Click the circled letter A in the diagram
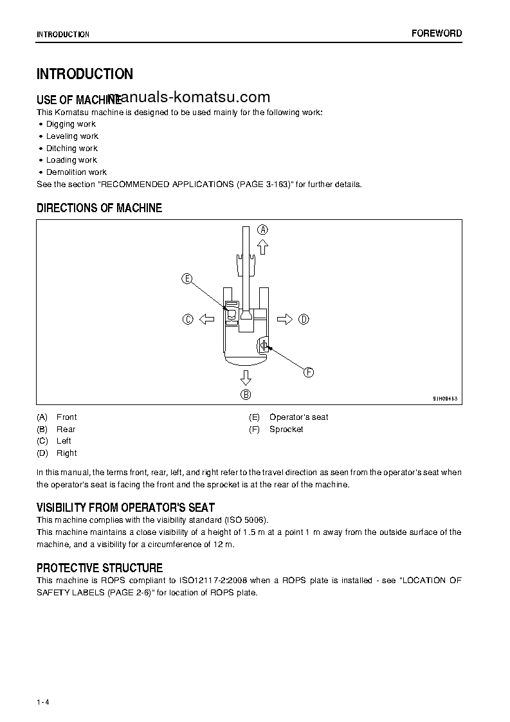click(x=262, y=230)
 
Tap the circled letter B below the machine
click(x=246, y=395)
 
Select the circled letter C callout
click(x=188, y=319)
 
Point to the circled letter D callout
click(x=304, y=319)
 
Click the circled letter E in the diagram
click(x=187, y=278)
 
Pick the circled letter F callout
click(x=309, y=372)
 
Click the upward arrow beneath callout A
click(x=262, y=247)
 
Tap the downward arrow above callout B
click(x=246, y=377)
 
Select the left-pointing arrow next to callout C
click(x=207, y=319)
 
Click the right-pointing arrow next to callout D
click(x=285, y=319)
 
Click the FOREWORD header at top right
click(x=437, y=33)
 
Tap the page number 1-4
click(x=43, y=702)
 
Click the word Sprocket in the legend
click(x=286, y=429)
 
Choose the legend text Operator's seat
click(x=298, y=417)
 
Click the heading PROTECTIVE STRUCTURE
click(x=100, y=568)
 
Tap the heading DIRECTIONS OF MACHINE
click(x=100, y=208)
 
